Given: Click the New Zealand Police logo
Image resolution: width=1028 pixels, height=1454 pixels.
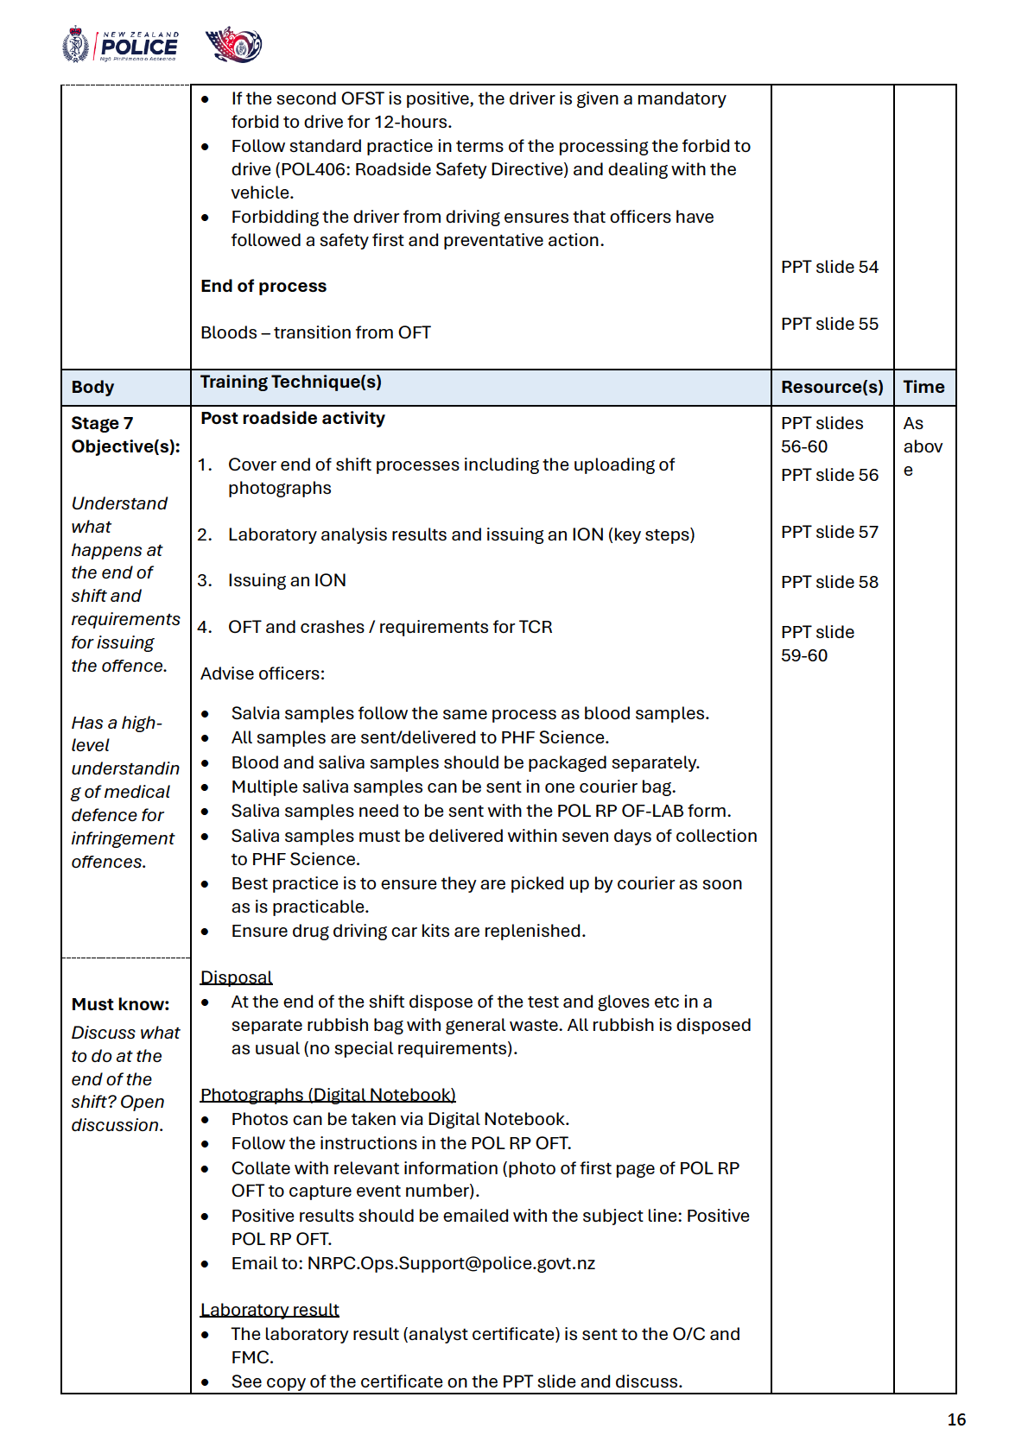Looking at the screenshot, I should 120,46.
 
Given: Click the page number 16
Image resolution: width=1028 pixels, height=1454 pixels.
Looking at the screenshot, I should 956,1419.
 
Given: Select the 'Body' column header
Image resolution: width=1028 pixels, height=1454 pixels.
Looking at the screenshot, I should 92,387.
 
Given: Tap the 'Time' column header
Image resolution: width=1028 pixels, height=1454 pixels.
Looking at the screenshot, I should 923,387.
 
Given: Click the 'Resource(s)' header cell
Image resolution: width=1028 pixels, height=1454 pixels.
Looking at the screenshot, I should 832,387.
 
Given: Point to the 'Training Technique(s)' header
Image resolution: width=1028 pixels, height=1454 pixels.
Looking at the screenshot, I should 290,382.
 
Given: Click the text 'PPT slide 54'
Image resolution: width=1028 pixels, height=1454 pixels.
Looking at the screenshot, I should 829,267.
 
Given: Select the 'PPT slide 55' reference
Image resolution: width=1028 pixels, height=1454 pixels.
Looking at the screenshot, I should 829,324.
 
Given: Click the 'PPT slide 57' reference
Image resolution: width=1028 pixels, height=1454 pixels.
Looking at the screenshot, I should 829,532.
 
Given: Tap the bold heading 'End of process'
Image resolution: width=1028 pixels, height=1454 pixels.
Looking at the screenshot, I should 263,286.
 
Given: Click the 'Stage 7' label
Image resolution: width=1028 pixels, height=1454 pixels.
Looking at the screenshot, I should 102,423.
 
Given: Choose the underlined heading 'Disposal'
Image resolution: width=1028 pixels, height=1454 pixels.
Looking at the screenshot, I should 236,977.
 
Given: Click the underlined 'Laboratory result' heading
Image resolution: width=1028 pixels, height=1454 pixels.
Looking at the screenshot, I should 270,1310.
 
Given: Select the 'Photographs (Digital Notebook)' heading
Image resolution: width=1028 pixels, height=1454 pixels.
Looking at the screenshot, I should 327,1095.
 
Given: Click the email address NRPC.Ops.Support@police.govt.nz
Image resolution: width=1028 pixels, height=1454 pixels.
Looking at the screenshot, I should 451,1263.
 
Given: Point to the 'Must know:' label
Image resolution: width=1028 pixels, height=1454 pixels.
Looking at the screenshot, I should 120,1004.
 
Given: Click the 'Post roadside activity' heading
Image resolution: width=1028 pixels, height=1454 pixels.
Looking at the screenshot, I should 293,418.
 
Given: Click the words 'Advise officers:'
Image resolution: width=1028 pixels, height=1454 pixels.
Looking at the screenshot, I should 263,673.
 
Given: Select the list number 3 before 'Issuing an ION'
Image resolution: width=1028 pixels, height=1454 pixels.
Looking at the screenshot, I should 204,580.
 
